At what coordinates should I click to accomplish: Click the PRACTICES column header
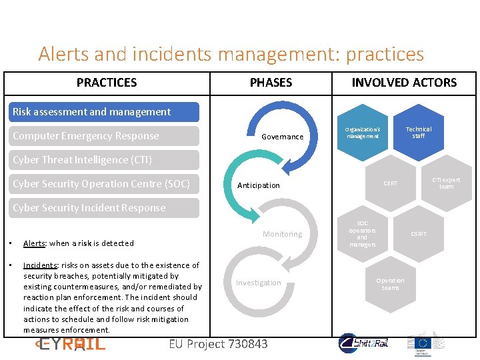(107, 83)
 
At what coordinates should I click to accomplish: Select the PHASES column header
(271, 83)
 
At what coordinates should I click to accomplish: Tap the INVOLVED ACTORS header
(404, 83)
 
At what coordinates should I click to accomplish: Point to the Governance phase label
(282, 137)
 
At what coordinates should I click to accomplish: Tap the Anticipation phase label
(259, 185)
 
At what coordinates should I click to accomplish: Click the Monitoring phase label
(282, 234)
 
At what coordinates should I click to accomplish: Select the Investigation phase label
(259, 283)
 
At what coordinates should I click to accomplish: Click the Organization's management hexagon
(362, 133)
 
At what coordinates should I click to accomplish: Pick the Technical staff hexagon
(419, 133)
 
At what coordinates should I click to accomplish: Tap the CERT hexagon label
(391, 183)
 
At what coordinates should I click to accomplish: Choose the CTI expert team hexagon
(446, 183)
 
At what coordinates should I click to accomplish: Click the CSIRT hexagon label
(419, 234)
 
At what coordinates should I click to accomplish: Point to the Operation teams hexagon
(390, 284)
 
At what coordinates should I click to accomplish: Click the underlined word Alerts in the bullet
(35, 243)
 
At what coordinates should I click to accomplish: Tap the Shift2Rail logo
(364, 343)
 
